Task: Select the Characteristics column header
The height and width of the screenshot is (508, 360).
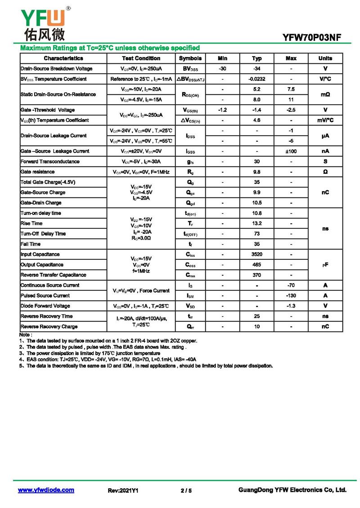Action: tap(63, 58)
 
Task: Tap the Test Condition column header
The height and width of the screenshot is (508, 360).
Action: tap(141, 58)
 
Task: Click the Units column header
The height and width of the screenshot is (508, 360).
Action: tap(325, 58)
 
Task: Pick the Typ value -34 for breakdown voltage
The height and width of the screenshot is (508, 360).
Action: tap(256, 69)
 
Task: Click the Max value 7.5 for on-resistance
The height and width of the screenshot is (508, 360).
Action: tap(291, 89)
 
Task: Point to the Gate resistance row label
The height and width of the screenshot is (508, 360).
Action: tap(38, 172)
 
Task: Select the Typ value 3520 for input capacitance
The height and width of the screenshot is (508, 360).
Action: tap(256, 254)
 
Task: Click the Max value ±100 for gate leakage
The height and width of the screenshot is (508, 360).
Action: tap(291, 152)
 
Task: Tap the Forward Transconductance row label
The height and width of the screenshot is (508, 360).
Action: tap(50, 161)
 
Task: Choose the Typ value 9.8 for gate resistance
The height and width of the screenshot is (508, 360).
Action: tap(256, 172)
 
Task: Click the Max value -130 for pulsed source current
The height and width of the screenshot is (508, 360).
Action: tap(291, 296)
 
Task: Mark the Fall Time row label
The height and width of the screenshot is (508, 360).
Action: tap(31, 244)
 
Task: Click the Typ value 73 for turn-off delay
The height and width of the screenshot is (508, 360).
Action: tap(256, 234)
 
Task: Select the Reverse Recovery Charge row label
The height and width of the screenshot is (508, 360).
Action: tap(49, 327)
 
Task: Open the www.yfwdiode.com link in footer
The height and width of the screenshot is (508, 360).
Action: tap(46, 490)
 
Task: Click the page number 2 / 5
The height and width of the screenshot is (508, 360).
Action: tap(186, 490)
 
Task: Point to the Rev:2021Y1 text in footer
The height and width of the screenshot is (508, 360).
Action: tap(123, 490)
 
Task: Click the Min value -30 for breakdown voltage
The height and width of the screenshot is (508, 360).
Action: tap(222, 69)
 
